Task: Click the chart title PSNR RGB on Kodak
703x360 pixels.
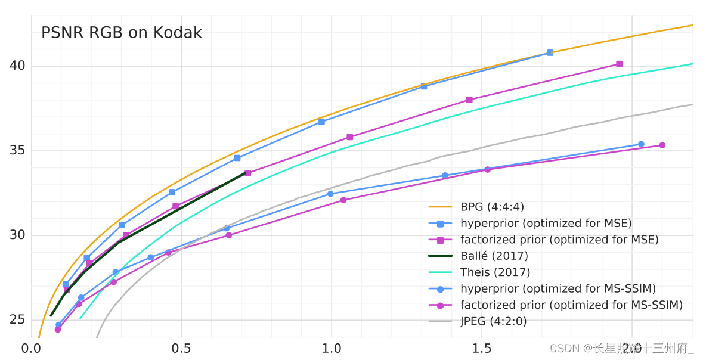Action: pyautogui.click(x=121, y=33)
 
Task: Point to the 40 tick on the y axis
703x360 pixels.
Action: pyautogui.click(x=17, y=66)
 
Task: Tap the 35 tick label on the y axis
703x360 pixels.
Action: pyautogui.click(x=17, y=150)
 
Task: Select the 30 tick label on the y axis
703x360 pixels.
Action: pyautogui.click(x=17, y=235)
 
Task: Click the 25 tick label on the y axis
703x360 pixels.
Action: pyautogui.click(x=17, y=319)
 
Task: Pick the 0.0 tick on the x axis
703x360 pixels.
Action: pyautogui.click(x=31, y=348)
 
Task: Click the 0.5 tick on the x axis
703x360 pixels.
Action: pyautogui.click(x=181, y=348)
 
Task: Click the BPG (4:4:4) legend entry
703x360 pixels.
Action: pyautogui.click(x=492, y=207)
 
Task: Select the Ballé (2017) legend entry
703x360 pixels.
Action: pyautogui.click(x=494, y=256)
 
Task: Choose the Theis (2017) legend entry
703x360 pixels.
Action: pyautogui.click(x=495, y=272)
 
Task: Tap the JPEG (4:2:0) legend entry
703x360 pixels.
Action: pyautogui.click(x=493, y=321)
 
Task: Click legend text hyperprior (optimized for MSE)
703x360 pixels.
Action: pyautogui.click(x=546, y=224)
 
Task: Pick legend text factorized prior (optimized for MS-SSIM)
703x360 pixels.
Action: pyautogui.click(x=571, y=305)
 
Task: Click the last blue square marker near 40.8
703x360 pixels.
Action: pyautogui.click(x=550, y=53)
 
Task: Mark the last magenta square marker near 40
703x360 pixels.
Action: pyautogui.click(x=619, y=64)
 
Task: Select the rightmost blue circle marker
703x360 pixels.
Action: pyautogui.click(x=641, y=144)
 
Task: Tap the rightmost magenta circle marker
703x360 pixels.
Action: pyautogui.click(x=662, y=145)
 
